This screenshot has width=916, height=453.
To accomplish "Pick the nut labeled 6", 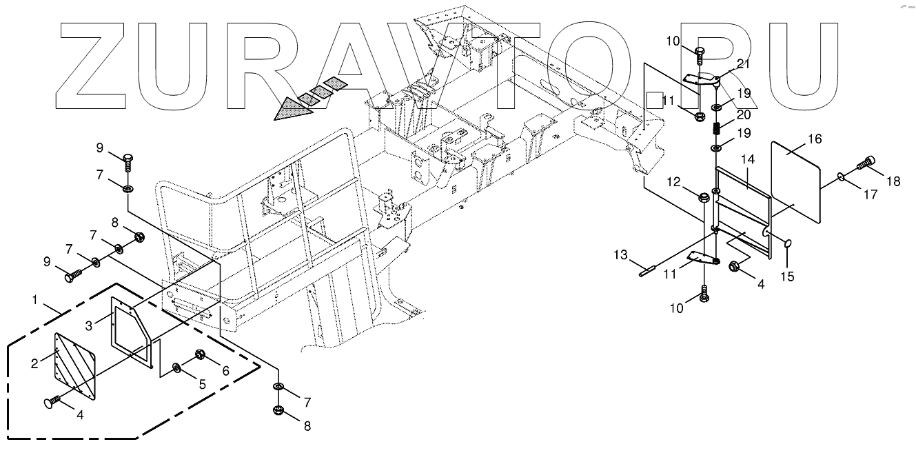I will [201, 355].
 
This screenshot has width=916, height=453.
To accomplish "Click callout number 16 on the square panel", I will [814, 139].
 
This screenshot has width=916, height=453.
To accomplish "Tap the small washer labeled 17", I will [842, 177].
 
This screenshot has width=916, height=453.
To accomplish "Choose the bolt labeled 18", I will [866, 163].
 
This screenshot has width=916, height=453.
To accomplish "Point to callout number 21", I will [742, 64].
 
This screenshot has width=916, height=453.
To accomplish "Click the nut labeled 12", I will [704, 199].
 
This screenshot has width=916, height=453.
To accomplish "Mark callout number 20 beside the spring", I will [742, 114].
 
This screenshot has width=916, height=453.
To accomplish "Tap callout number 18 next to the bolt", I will [894, 181].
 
